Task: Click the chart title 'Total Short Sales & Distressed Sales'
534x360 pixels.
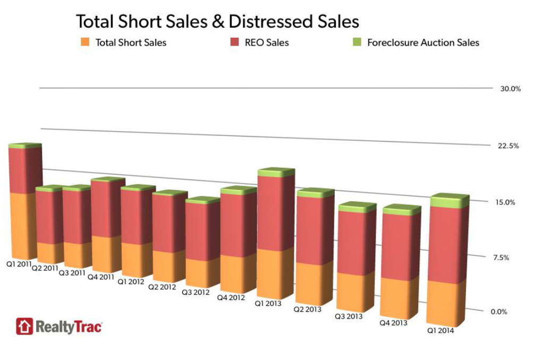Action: [217, 21]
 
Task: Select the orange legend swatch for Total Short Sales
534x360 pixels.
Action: [85, 42]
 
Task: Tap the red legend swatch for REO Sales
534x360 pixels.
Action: [235, 42]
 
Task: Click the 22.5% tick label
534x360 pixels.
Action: [509, 145]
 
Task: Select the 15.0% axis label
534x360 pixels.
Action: [506, 202]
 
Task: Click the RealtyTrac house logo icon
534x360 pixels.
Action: [24, 326]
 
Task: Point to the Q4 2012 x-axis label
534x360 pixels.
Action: [231, 297]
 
